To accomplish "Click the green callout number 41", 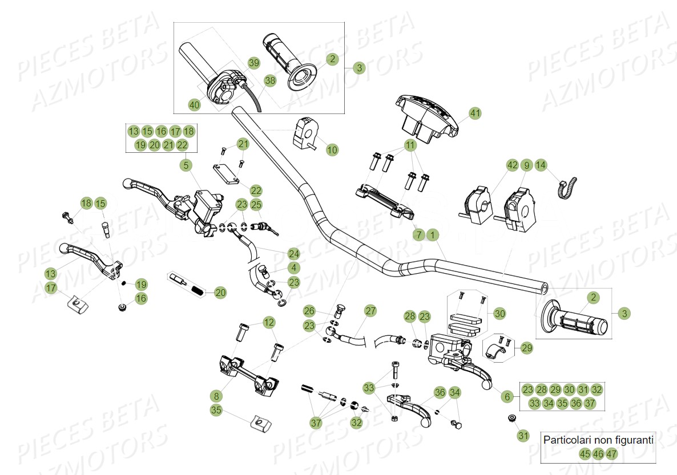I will [x=475, y=114].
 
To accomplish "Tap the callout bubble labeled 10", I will [x=332, y=150].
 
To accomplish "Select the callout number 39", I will [x=253, y=62].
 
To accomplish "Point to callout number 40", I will [x=195, y=104].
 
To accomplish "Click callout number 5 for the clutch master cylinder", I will [x=186, y=165].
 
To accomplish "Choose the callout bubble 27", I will [x=370, y=311].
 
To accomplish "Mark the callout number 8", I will [x=216, y=395].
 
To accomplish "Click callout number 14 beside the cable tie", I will [x=541, y=165].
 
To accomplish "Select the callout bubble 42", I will [x=512, y=165].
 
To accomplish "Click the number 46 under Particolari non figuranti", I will [x=598, y=454].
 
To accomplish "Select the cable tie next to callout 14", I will [x=567, y=188].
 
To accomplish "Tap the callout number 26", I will [x=309, y=311].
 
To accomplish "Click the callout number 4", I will [x=293, y=267].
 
